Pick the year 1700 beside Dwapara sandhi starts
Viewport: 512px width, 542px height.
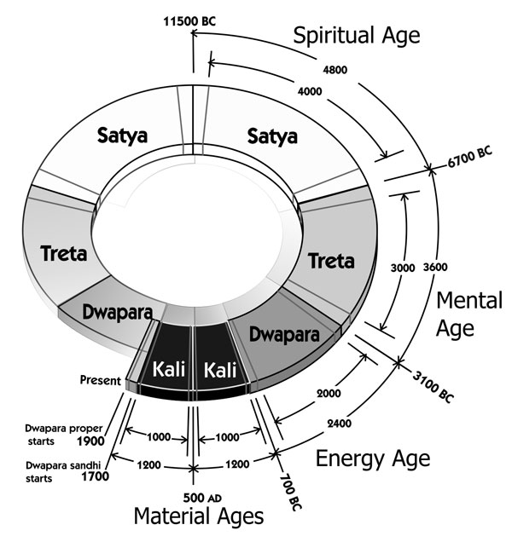pyautogui.click(x=90, y=478)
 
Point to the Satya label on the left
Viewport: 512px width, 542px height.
pyautogui.click(x=120, y=135)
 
